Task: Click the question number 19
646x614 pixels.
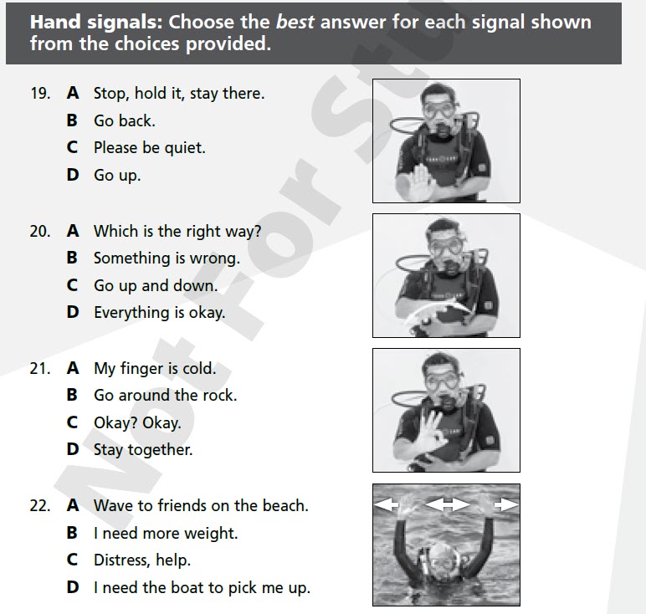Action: (39, 94)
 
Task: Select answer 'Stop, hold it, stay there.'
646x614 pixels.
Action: (178, 94)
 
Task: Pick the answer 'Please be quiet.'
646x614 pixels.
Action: (149, 148)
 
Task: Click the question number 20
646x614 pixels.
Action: (39, 232)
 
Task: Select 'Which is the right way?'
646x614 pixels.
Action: (177, 232)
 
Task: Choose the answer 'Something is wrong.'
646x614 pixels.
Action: (167, 258)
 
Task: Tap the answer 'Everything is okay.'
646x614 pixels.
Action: (159, 313)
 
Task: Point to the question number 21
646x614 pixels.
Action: (39, 368)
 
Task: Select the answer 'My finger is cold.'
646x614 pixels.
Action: (154, 368)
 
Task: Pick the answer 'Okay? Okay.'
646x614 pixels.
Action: (136, 422)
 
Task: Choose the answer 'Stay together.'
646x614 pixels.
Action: (142, 450)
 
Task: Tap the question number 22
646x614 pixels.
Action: (39, 505)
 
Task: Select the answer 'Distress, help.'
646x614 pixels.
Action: (141, 560)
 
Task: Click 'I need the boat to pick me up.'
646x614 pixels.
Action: (202, 587)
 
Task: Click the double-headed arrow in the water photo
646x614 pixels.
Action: (448, 504)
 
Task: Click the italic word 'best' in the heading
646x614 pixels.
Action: (294, 22)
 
